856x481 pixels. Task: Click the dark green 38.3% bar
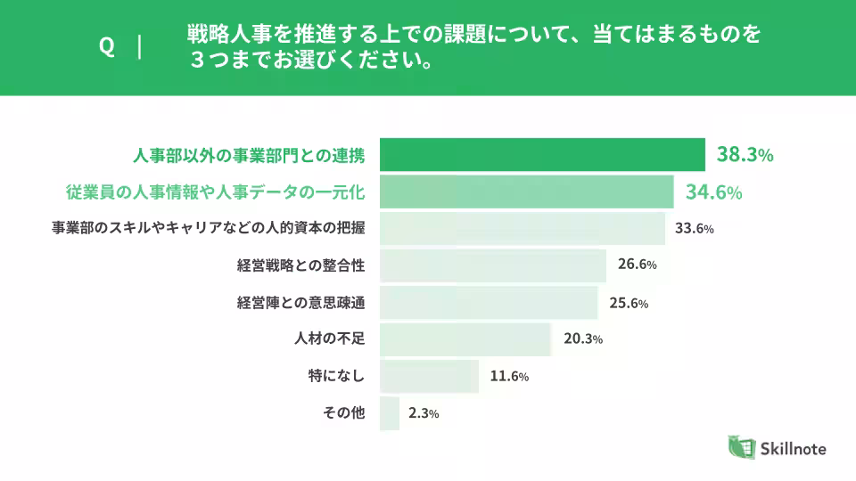coord(542,155)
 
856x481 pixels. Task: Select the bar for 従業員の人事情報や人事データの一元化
coord(526,192)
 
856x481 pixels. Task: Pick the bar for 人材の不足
coord(465,338)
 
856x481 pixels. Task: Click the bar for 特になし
coord(429,376)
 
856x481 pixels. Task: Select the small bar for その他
coord(389,413)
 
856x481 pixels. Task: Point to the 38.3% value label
coord(745,155)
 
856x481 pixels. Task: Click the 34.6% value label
coord(713,192)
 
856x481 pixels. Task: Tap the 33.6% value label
coord(695,228)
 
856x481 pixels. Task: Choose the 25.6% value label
coord(628,302)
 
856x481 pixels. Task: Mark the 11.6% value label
coord(509,376)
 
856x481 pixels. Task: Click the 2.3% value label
coord(423,413)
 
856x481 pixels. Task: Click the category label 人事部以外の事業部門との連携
coord(249,155)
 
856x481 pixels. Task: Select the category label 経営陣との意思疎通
coord(301,302)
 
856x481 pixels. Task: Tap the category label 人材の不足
coord(330,338)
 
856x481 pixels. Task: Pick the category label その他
coord(344,413)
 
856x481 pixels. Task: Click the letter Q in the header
coord(107,47)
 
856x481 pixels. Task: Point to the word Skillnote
coord(794,448)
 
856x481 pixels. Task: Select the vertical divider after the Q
coord(140,46)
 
